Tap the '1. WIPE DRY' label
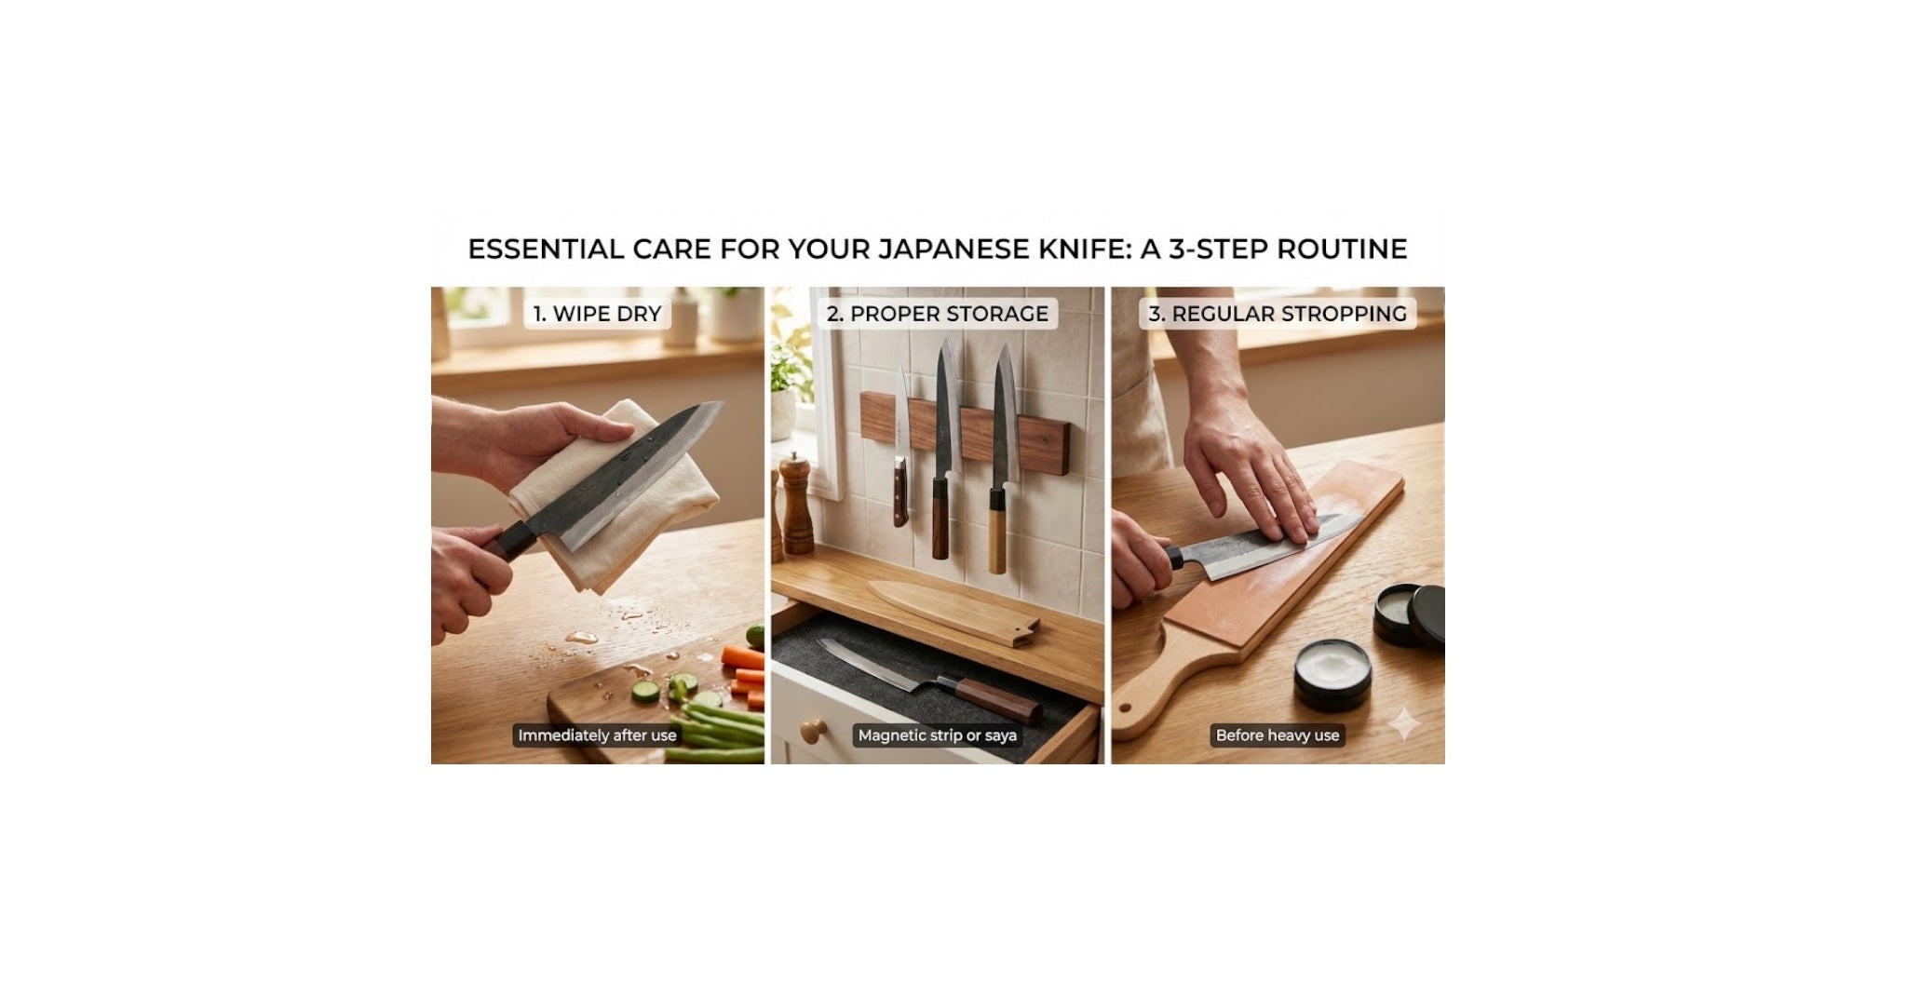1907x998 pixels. tap(597, 314)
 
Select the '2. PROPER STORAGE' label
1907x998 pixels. tap(937, 314)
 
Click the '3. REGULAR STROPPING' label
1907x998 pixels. tap(1277, 314)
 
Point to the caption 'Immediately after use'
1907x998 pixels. tap(597, 735)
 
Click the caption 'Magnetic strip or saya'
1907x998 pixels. tap(937, 735)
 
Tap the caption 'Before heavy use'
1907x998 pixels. tap(1277, 735)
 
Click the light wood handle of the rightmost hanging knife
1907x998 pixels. tap(997, 531)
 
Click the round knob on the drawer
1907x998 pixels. tap(812, 732)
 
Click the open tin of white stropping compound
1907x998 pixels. tap(1332, 673)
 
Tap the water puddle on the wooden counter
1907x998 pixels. tap(583, 637)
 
